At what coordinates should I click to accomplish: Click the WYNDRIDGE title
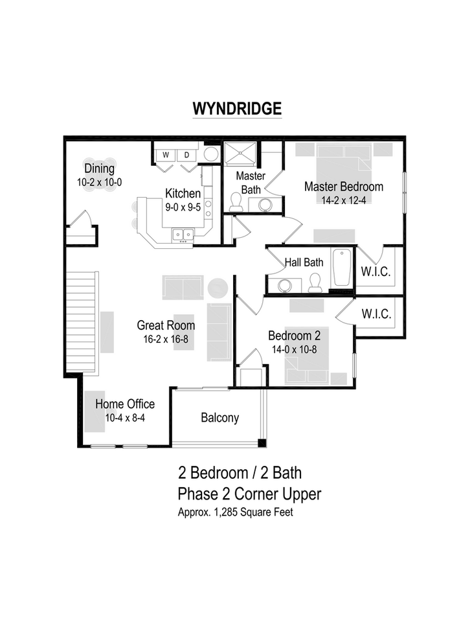click(236, 108)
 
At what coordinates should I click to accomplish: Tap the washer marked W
click(166, 155)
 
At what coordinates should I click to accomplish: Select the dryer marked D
click(186, 155)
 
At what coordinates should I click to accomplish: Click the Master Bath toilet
click(236, 202)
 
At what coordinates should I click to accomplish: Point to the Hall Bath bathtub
click(342, 268)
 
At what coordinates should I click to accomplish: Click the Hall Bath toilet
click(315, 282)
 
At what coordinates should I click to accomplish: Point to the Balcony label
click(219, 418)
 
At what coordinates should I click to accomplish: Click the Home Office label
click(125, 405)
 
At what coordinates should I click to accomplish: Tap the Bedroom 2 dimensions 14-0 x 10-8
click(295, 349)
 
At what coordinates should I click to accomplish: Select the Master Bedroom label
click(344, 187)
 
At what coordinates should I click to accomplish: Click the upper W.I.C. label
click(376, 271)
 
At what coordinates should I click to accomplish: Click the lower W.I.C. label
click(376, 314)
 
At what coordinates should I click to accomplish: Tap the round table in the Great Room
click(218, 287)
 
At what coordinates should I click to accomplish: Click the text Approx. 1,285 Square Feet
click(236, 512)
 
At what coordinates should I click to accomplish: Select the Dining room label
click(99, 169)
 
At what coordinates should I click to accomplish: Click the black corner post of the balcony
click(262, 443)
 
